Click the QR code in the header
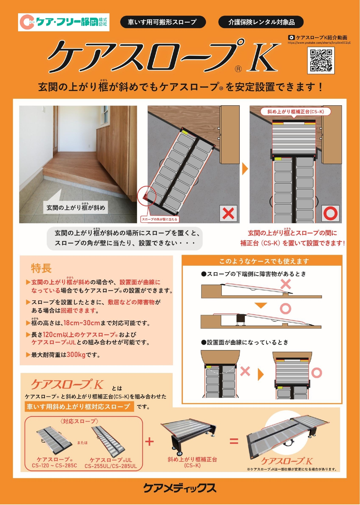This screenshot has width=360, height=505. (321, 60)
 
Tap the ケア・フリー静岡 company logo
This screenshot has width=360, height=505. (64, 22)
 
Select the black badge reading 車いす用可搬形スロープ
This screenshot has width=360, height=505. (163, 22)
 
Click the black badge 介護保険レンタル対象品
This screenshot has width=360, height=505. (261, 22)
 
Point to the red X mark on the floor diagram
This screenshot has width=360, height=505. (228, 213)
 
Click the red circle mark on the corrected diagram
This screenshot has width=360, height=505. (330, 213)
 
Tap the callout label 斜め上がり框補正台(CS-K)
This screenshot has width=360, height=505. (295, 112)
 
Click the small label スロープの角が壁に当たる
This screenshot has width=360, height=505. (159, 219)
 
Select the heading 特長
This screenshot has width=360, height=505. (41, 268)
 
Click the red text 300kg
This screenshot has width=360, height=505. (76, 355)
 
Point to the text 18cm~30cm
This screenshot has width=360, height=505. (82, 323)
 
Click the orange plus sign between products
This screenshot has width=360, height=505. (149, 442)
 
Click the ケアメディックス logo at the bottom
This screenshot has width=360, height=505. (180, 488)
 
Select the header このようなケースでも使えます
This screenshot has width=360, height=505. (264, 261)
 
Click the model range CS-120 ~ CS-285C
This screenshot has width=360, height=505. (54, 466)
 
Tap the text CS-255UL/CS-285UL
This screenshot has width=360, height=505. (111, 466)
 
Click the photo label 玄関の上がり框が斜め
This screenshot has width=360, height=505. (76, 208)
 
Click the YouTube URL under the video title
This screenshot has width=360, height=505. (319, 43)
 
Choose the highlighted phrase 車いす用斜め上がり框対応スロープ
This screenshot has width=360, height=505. (79, 407)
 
